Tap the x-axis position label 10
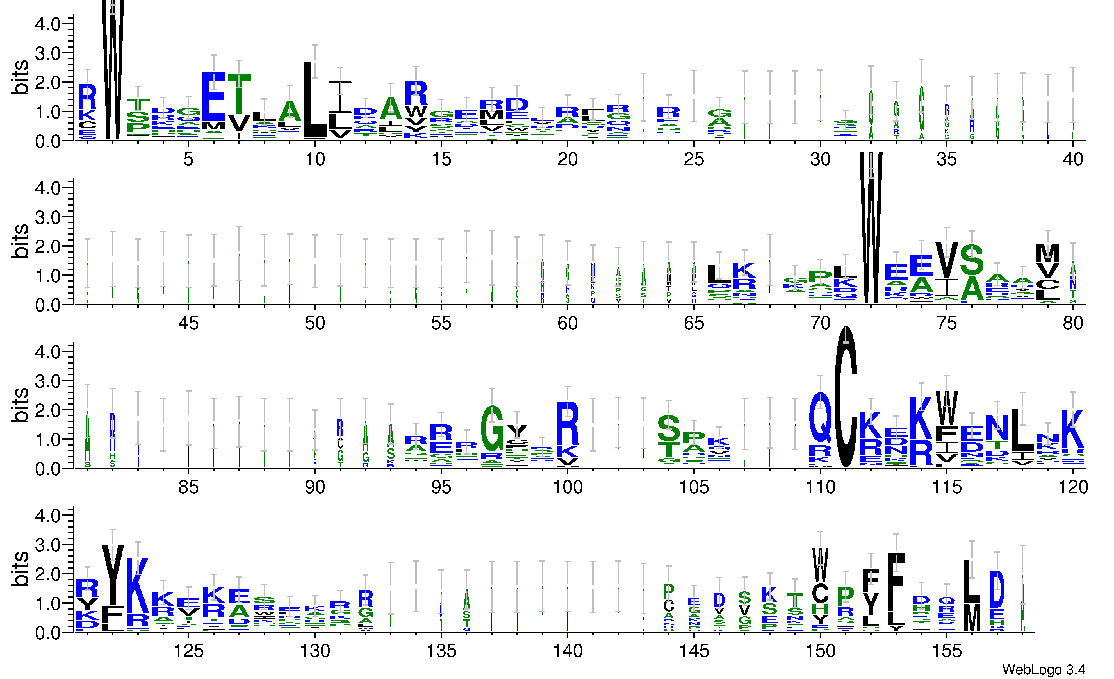tap(315, 159)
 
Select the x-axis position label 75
tap(946, 323)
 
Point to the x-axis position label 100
tap(568, 487)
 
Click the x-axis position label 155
tap(946, 651)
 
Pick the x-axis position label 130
tap(315, 651)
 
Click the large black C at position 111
tap(846, 398)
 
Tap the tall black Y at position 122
tap(113, 574)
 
